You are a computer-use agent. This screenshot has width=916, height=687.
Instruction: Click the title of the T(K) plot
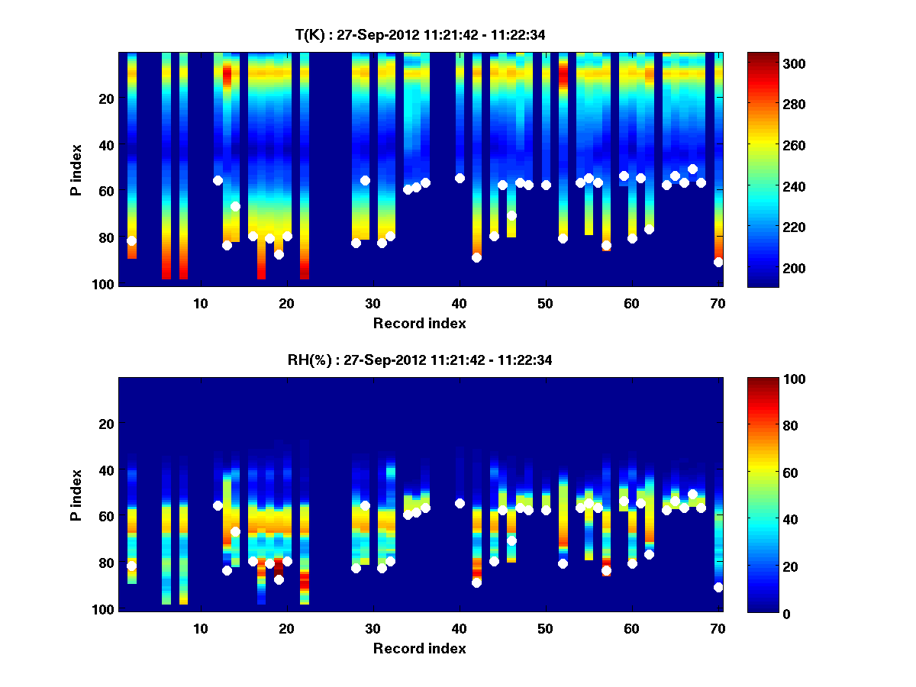coord(420,34)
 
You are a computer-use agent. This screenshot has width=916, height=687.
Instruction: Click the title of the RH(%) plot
coord(420,360)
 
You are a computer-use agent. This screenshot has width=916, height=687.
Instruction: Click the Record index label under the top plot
coord(420,323)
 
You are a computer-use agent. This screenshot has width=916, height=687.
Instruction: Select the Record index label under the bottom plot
coord(420,648)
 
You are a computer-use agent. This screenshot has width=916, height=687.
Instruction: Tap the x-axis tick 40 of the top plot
coord(459,303)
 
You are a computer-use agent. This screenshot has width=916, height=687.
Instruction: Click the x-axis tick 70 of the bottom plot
coord(718,628)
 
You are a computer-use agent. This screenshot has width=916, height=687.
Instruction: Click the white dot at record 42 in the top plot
coord(476,257)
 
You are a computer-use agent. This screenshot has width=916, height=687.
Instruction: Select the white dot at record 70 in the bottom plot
coord(718,587)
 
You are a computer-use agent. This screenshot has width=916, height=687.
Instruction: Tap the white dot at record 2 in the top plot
coord(131,240)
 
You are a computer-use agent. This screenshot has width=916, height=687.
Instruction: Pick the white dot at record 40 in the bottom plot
coord(460,503)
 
